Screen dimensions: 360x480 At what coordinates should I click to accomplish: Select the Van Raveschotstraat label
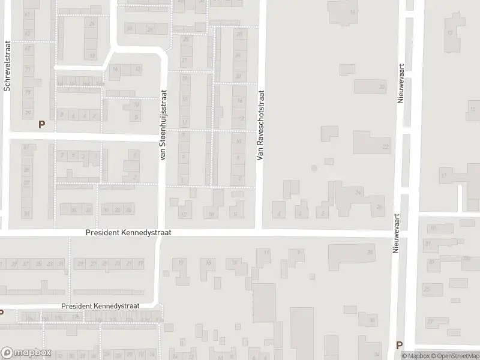pyautogui.click(x=260, y=125)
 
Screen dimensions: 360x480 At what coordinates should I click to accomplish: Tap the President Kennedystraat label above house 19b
pyautogui.click(x=100, y=306)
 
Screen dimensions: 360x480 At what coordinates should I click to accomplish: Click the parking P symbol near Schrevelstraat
pyautogui.click(x=41, y=124)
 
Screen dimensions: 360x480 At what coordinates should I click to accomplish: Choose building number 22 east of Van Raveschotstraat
pyautogui.click(x=385, y=146)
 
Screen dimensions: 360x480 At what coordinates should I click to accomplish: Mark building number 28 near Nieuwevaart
pyautogui.click(x=370, y=252)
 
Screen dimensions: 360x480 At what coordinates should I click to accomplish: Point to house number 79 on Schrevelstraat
pyautogui.click(x=27, y=92)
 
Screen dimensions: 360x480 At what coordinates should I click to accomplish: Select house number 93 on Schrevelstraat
pyautogui.click(x=26, y=213)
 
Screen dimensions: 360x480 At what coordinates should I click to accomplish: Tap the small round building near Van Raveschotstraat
pyautogui.click(x=313, y=169)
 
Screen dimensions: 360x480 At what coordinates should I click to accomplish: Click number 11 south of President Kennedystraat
pyautogui.click(x=266, y=253)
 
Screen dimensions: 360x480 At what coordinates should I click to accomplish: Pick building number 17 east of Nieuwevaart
pyautogui.click(x=444, y=176)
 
